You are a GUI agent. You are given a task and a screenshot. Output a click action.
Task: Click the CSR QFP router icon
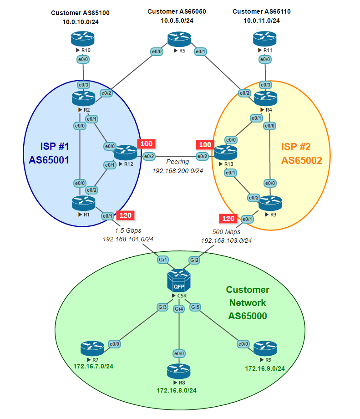coord(179,281)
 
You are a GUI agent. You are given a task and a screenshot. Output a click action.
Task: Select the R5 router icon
coord(179,39)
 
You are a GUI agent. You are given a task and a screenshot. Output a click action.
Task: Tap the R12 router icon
coord(126,153)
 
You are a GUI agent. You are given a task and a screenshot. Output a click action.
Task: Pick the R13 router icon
coord(225,153)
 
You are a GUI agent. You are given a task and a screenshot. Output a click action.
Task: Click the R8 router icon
coord(179,371)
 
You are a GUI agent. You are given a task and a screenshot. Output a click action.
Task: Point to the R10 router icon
coord(82,39)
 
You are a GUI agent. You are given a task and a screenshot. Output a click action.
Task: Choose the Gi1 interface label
coord(163,260)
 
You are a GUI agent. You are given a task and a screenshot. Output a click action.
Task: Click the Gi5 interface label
coord(195,307)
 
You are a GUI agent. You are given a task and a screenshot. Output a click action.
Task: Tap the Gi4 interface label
coord(179,309)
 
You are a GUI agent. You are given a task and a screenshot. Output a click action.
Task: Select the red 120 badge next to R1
coord(126,215)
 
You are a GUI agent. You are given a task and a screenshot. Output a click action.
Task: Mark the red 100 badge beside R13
coord(205,144)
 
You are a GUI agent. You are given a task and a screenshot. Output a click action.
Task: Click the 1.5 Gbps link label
coord(128,230)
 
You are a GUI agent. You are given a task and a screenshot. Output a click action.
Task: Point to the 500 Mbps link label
coord(226,232)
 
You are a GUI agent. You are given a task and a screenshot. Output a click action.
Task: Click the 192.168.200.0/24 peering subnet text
coord(177,171)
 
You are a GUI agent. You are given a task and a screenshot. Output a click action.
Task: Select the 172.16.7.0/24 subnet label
coord(93,366)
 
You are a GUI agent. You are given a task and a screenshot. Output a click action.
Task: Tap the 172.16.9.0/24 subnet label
coord(265,368)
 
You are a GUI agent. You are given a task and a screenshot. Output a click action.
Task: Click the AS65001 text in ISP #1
coord(49,160)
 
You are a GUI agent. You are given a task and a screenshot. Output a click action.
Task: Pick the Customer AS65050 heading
coord(177,11)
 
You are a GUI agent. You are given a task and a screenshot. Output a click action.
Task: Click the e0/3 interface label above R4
coord(265,85)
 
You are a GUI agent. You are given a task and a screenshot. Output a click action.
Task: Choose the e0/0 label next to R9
coord(243,344)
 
